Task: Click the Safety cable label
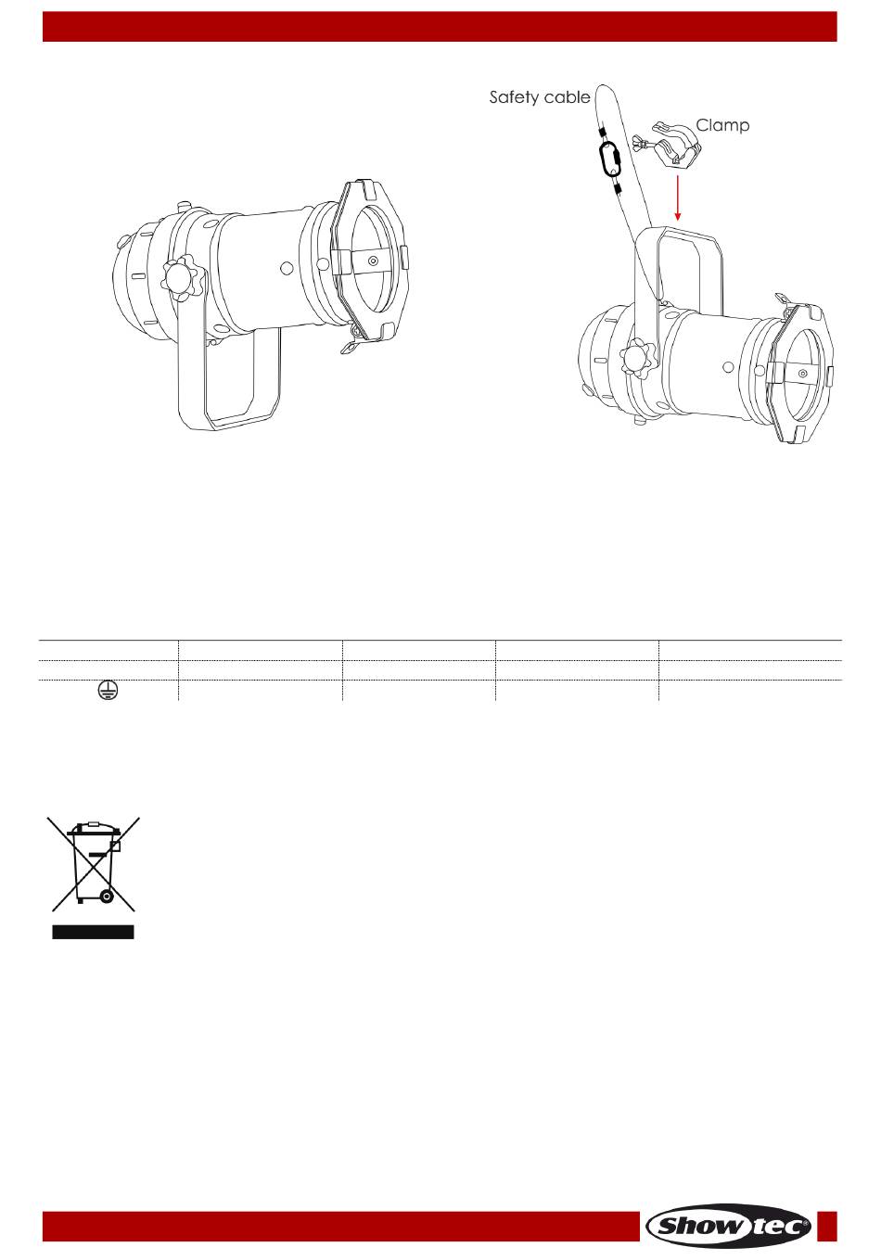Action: click(x=540, y=98)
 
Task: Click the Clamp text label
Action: click(x=722, y=125)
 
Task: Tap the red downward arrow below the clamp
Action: click(x=678, y=197)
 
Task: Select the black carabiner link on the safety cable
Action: click(x=609, y=159)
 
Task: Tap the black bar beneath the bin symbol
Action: click(x=93, y=932)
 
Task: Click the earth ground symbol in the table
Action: click(x=107, y=690)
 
